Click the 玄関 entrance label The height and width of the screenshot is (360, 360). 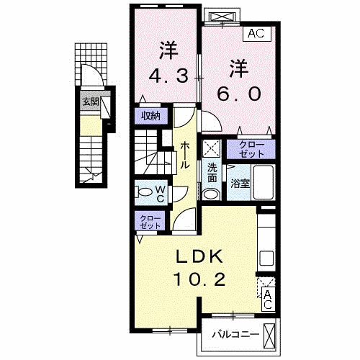coord(89,102)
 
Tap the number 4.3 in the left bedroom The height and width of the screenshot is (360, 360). coord(168,74)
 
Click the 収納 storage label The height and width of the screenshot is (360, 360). coord(150,115)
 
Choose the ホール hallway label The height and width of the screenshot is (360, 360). coord(185,153)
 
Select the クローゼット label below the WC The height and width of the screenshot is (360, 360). coord(150,222)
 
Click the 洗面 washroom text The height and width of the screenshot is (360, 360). coord(212,173)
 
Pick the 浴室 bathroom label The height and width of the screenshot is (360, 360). coord(240,184)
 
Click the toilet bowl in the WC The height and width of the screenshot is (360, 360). coord(145,192)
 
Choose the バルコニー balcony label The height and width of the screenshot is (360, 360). coord(233,333)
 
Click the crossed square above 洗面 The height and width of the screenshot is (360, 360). coord(212,149)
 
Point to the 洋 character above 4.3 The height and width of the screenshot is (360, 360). coord(168,50)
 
